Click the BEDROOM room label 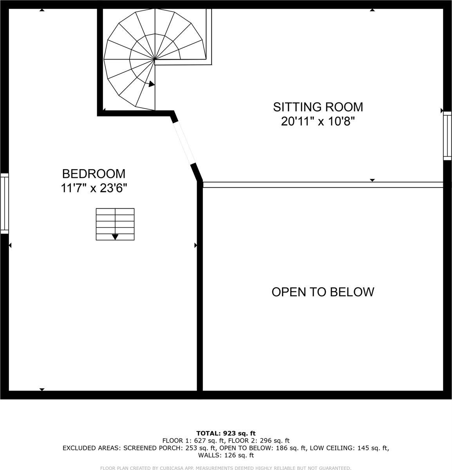[x=94, y=174]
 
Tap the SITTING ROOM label [x=318, y=107]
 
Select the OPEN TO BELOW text [x=323, y=292]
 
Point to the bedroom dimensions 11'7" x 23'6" [x=94, y=188]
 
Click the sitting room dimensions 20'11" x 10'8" [x=318, y=122]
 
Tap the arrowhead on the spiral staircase [x=151, y=83]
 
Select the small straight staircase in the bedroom [x=115, y=224]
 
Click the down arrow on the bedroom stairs [x=115, y=237]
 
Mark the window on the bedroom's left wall [x=4, y=203]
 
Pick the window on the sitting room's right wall [x=447, y=136]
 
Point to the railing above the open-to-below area [x=323, y=184]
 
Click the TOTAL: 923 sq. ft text [x=226, y=433]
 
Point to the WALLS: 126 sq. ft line [x=226, y=456]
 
